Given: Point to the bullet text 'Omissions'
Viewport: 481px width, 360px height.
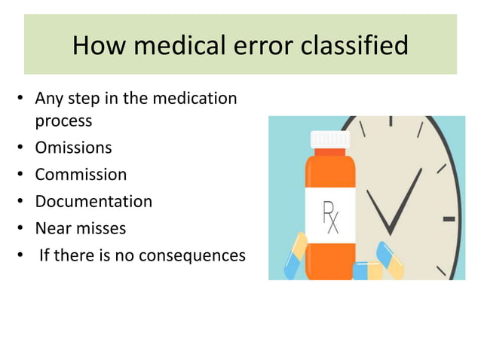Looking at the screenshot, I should tap(73, 148).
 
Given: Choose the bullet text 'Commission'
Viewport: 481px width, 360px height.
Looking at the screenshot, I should tap(81, 175).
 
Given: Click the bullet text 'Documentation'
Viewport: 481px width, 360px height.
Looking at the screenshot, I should tap(93, 202).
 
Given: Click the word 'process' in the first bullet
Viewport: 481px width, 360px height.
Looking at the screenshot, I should tap(63, 121).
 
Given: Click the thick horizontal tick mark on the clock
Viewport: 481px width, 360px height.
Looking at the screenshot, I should tap(449, 218).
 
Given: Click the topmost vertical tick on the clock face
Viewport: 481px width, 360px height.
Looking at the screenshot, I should tap(390, 121).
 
